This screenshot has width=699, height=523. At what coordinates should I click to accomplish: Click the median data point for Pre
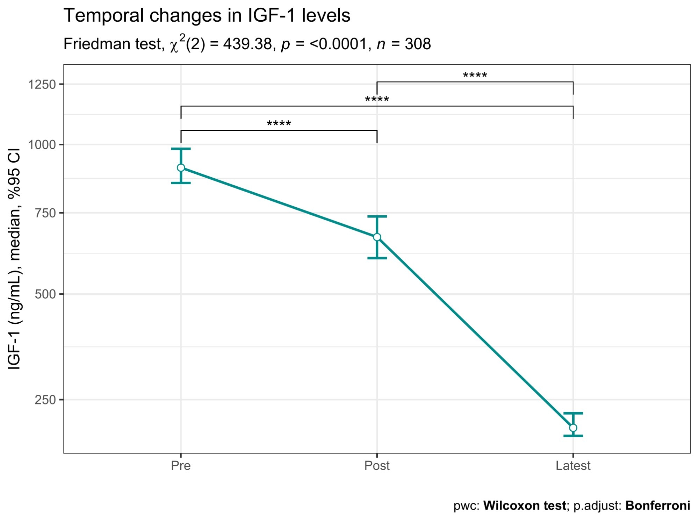181,168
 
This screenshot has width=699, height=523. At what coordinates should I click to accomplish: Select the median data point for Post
377,237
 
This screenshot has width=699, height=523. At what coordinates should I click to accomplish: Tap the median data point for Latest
573,428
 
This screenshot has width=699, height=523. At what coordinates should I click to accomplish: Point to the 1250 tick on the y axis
42,85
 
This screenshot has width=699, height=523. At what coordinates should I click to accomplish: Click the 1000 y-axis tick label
42,145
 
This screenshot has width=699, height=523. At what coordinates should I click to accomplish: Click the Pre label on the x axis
181,466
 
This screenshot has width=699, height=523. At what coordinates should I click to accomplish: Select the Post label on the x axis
377,466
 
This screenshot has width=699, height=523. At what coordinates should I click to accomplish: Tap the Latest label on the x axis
573,466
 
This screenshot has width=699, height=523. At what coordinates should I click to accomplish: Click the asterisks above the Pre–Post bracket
279,124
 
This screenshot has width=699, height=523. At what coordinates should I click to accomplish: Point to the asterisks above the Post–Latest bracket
475,76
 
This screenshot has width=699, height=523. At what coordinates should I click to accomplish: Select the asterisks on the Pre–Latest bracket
377,100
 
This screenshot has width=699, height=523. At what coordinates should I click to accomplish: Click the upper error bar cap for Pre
181,149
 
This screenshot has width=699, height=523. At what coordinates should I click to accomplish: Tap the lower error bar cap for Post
377,258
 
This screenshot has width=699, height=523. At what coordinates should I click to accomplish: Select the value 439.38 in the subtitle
247,44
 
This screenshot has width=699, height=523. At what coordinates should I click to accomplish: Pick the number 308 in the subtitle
418,44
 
